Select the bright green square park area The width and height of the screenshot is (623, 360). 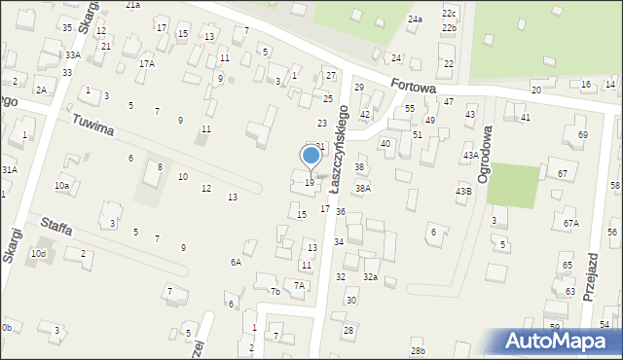click(x=514, y=186)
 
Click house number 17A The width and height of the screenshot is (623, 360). click(x=147, y=64)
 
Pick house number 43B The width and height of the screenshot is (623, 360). click(x=463, y=192)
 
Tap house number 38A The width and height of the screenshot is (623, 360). click(x=362, y=189)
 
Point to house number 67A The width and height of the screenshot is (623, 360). click(x=570, y=224)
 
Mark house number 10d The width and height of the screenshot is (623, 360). click(x=38, y=254)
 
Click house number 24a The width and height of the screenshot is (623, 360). click(x=416, y=19)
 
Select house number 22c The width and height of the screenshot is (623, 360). click(x=449, y=13)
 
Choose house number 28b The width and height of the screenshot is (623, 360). click(x=418, y=350)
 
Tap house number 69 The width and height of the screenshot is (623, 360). click(x=582, y=134)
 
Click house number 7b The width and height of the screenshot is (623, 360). click(x=275, y=291)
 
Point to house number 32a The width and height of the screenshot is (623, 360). click(x=370, y=277)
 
